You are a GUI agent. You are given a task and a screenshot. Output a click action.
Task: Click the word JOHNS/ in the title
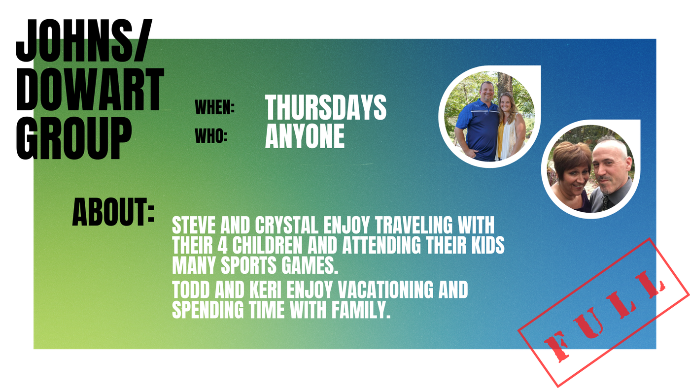click(84, 40)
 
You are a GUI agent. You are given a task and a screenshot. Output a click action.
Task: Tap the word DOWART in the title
click(90, 90)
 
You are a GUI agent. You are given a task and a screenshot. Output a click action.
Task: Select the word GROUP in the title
click(74, 138)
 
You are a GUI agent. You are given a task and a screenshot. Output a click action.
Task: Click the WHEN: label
click(215, 107)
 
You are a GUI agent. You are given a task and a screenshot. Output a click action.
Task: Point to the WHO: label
click(211, 136)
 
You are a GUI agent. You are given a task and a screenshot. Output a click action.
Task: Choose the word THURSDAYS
click(326, 107)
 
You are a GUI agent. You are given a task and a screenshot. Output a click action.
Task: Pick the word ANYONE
click(305, 136)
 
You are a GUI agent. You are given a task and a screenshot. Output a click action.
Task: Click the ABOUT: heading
click(113, 212)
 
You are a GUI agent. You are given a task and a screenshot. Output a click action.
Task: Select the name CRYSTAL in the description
click(286, 225)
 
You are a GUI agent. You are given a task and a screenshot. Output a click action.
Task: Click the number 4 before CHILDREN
click(222, 245)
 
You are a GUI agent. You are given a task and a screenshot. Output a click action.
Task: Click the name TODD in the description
click(191, 290)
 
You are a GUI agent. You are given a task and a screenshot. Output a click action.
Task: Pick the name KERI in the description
click(266, 290)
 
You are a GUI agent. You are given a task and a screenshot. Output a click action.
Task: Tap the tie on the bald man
click(606, 203)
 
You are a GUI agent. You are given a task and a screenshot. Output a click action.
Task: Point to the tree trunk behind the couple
click(505, 85)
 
